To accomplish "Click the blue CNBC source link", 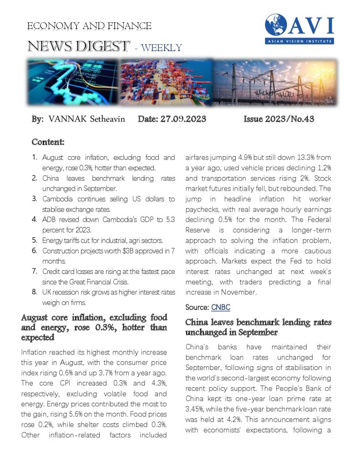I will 221,307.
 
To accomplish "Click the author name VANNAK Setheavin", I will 87,119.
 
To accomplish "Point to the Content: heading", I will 48,142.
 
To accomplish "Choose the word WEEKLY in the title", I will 162,48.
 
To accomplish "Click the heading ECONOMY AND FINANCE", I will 89,26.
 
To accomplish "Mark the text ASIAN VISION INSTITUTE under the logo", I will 300,41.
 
